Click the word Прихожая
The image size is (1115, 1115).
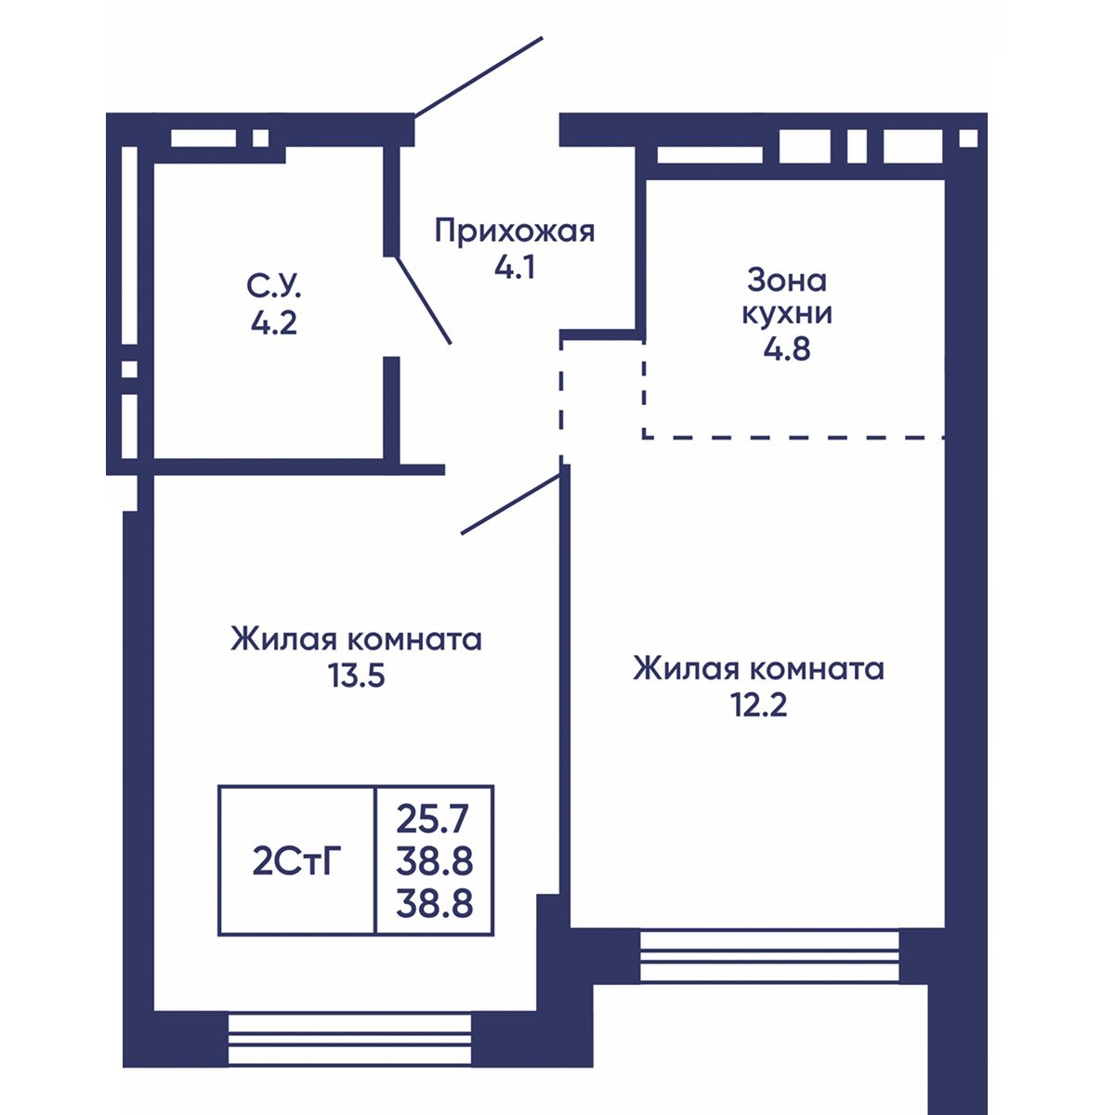pyautogui.click(x=515, y=231)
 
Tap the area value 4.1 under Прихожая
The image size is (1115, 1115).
pyautogui.click(x=515, y=268)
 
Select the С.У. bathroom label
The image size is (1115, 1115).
pyautogui.click(x=274, y=286)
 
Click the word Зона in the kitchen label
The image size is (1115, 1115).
pyautogui.click(x=787, y=281)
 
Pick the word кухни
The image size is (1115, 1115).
pyautogui.click(x=787, y=314)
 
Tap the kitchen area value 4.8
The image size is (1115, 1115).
pyautogui.click(x=787, y=349)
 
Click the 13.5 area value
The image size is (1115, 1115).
pyautogui.click(x=357, y=676)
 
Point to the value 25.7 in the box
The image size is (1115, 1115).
pyautogui.click(x=432, y=820)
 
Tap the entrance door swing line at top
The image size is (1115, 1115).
pyautogui.click(x=479, y=76)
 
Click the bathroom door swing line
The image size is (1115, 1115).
pyautogui.click(x=423, y=300)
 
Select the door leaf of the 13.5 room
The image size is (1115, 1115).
pyautogui.click(x=511, y=504)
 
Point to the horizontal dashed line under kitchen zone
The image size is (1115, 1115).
pyautogui.click(x=794, y=438)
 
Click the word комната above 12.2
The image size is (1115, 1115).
pyautogui.click(x=818, y=669)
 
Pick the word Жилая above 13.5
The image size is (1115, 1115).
pyautogui.click(x=283, y=640)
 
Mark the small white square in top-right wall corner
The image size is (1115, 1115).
pyautogui.click(x=968, y=138)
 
